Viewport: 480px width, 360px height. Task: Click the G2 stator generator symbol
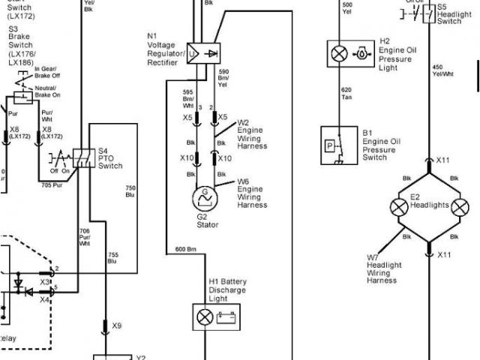click(x=202, y=199)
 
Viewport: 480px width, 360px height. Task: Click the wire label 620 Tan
click(x=347, y=93)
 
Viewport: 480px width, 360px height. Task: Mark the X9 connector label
click(x=116, y=326)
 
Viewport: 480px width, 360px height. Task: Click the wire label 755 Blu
click(x=113, y=258)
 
